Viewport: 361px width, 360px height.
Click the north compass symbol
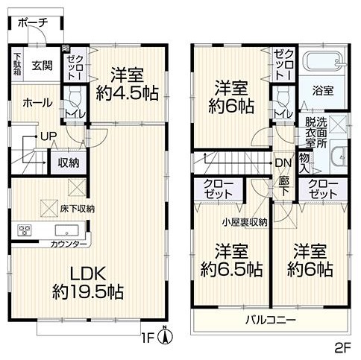pos(165,334)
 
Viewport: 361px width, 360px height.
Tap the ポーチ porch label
pos(33,23)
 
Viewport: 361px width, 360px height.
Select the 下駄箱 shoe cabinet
pos(17,64)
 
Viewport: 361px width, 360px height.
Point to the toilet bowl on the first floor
pos(75,97)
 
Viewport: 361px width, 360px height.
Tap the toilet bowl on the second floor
pos(283,97)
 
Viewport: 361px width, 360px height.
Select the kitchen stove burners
pos(24,230)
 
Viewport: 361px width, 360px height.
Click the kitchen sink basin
pos(66,230)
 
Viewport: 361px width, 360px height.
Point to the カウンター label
pos(69,244)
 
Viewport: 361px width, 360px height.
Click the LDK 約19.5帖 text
pos(88,282)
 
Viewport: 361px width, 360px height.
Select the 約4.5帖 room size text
pos(127,93)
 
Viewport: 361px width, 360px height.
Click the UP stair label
pos(48,136)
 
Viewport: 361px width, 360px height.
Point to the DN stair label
pos(283,163)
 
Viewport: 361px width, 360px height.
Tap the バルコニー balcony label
pos(271,320)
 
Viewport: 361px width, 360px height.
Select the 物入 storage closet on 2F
pos(304,163)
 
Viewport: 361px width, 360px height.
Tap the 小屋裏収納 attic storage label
pos(245,222)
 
